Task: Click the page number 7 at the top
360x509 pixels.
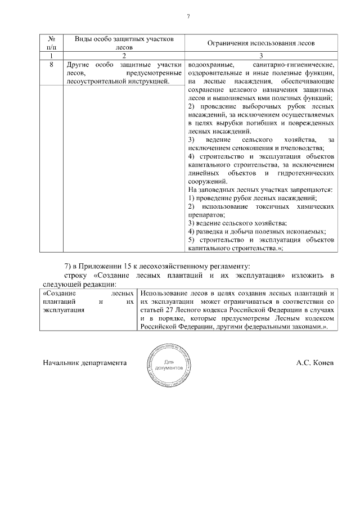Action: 188,16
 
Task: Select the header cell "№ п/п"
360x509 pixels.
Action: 52,43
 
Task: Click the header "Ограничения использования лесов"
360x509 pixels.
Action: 261,43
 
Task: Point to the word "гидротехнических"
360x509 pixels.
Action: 309,173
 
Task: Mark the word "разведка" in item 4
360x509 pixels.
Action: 210,232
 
